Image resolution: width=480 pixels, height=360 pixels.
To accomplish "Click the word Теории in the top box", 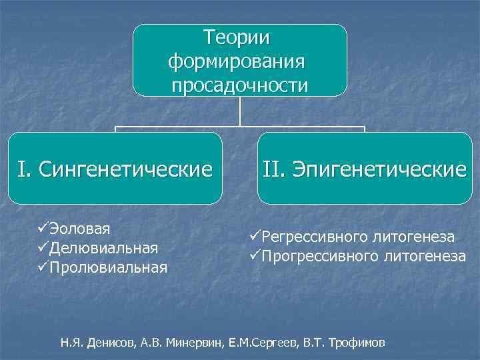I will (240, 37).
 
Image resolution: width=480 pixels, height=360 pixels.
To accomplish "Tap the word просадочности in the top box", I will (240, 85).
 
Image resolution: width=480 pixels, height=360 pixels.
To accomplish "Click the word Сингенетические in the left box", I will (126, 169).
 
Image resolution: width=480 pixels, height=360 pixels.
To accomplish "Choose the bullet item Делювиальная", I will (103, 249).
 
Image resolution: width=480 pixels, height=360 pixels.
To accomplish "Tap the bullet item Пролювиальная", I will (108, 267).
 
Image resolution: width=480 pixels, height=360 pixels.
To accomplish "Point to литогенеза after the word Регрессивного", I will (413, 237).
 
